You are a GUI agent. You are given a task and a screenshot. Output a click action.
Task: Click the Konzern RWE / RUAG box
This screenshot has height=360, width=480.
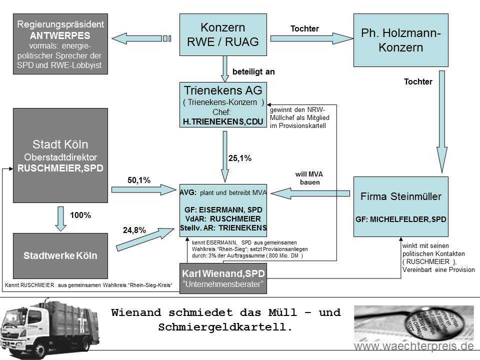coord(223,34)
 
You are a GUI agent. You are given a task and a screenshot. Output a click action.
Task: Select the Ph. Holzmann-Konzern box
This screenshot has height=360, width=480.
coord(400,40)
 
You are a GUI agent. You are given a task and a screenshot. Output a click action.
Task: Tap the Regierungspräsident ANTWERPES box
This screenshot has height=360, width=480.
coord(60,44)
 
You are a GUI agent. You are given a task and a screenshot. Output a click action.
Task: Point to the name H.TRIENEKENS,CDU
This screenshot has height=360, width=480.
coord(223,121)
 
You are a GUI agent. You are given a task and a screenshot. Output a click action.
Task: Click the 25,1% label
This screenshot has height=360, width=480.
coord(240,158)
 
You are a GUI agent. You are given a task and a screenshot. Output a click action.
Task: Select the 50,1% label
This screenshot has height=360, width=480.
coord(139,180)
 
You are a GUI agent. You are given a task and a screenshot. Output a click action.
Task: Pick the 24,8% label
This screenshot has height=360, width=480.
coord(134,230)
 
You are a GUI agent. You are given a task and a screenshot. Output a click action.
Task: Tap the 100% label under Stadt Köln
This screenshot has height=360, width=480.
coord(80,215)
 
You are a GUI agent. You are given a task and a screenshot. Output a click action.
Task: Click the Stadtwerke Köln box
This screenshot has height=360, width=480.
coord(60,256)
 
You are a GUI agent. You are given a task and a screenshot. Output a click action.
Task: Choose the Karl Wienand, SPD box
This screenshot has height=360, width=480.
coord(223,278)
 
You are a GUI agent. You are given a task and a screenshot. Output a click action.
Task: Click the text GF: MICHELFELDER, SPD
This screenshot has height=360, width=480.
coord(400,219)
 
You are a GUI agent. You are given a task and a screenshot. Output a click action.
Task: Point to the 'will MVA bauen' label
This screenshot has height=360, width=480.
coord(309,178)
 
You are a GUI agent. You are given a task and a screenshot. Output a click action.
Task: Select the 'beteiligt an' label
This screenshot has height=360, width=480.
coord(253,71)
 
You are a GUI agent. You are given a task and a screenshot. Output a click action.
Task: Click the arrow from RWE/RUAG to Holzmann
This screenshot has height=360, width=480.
coord(311,38)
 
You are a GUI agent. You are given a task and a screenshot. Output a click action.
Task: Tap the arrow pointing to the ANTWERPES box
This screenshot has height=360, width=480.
coord(141,38)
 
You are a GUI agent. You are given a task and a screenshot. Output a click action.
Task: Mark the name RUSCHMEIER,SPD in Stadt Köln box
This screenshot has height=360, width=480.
coord(60,168)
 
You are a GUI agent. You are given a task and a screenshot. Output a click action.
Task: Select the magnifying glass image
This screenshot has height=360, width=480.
coord(414,323)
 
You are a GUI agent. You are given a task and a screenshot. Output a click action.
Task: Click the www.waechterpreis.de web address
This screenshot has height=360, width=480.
coord(414,346)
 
